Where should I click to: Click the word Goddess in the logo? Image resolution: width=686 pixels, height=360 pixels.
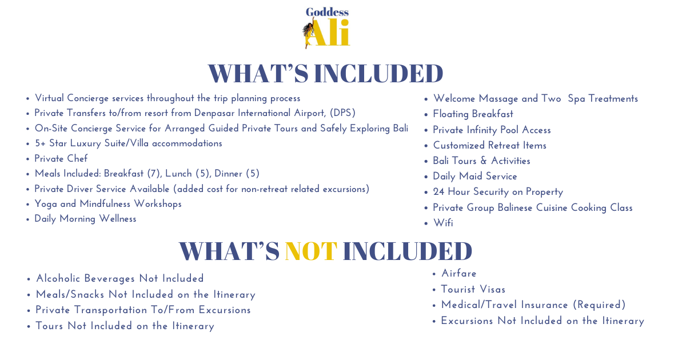pyautogui.click(x=327, y=12)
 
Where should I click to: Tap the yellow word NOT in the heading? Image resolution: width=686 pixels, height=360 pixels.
pyautogui.click(x=311, y=251)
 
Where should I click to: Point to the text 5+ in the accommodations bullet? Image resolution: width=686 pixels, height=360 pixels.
pyautogui.click(x=40, y=143)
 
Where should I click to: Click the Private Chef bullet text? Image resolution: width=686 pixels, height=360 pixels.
pyautogui.click(x=61, y=159)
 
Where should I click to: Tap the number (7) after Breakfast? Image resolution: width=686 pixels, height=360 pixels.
pyautogui.click(x=153, y=174)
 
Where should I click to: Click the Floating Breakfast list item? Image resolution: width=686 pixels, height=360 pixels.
pyautogui.click(x=473, y=114)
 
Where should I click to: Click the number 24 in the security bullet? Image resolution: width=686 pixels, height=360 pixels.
pyautogui.click(x=438, y=192)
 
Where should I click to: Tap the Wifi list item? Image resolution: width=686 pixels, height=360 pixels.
pyautogui.click(x=443, y=223)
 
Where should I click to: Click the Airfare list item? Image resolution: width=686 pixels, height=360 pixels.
pyautogui.click(x=458, y=273)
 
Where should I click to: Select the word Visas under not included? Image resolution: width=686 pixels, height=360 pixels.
pyautogui.click(x=492, y=289)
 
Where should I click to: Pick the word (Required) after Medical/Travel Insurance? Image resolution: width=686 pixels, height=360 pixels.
pyautogui.click(x=599, y=305)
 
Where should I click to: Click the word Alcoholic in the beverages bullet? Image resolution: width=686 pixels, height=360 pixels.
pyautogui.click(x=58, y=279)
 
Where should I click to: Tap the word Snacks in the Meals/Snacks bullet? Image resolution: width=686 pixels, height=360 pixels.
pyautogui.click(x=87, y=294)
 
